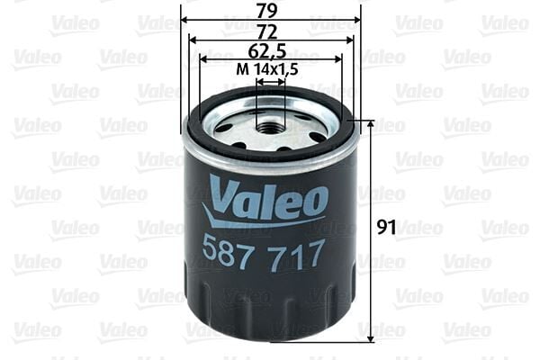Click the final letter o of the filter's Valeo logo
click(314, 202)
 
